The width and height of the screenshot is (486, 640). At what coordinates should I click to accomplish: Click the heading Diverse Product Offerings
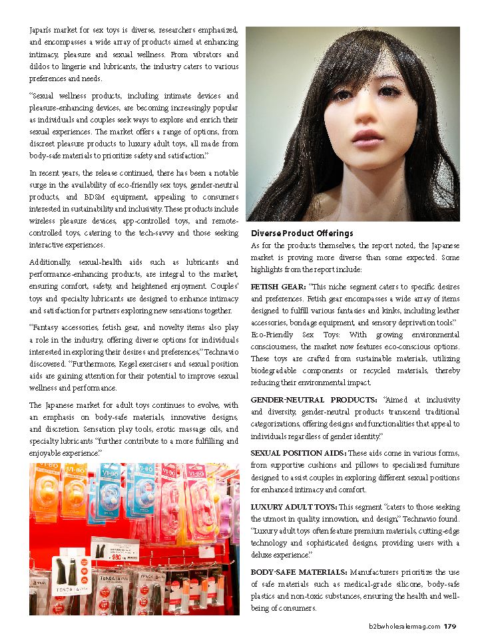[x=302, y=234]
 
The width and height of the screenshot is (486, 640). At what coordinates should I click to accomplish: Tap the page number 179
[x=450, y=625]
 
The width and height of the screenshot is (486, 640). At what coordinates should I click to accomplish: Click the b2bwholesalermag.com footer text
[x=405, y=625]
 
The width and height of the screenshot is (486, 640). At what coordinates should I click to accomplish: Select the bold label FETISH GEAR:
[x=278, y=286]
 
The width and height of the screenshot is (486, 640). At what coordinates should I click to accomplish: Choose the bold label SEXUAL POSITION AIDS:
[x=294, y=452]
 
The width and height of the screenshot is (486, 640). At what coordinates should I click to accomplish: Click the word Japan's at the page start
[x=43, y=31]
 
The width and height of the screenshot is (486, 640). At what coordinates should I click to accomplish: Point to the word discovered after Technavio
[x=50, y=365]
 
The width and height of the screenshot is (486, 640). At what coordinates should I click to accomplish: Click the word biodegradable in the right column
[x=278, y=371]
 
